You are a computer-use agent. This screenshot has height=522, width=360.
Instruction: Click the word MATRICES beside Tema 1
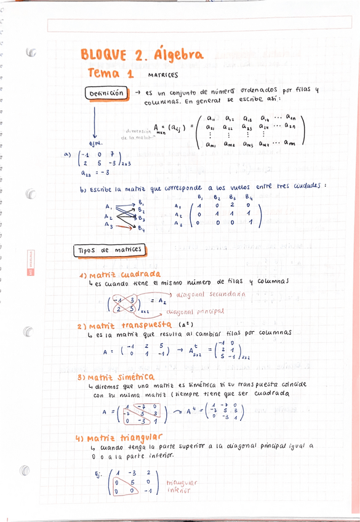163,76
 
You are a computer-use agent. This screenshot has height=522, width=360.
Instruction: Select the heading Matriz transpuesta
126,325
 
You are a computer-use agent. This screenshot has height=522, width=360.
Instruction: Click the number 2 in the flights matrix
233,206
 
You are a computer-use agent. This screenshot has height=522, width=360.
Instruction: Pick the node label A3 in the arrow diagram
108,225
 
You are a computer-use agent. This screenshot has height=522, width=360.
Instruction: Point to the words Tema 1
111,73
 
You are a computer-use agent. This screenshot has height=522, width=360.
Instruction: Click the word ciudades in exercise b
305,187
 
